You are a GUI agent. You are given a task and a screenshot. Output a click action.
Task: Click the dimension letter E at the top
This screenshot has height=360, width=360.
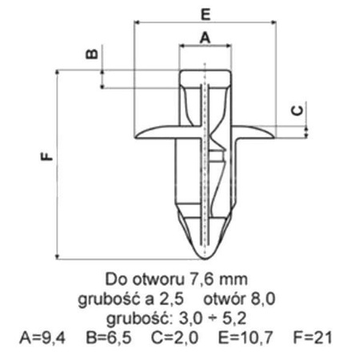[206, 14]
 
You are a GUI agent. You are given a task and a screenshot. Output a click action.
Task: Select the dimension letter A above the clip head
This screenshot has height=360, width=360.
[204, 38]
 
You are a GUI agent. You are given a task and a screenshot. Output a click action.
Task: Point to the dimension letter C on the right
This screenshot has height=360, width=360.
[294, 113]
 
